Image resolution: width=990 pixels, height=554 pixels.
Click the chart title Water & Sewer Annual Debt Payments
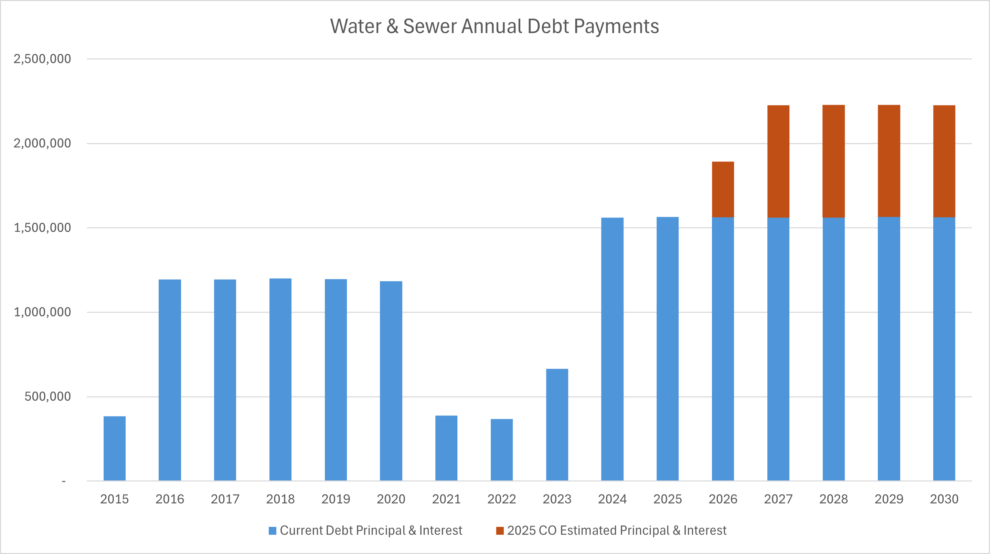[x=494, y=26]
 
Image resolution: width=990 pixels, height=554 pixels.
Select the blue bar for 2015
[x=115, y=448]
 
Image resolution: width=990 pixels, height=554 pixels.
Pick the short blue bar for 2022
[x=501, y=450]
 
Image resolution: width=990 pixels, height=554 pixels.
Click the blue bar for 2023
[x=557, y=425]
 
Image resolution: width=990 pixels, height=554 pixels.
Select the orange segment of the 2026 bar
[x=723, y=189]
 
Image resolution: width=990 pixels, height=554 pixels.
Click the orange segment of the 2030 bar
[x=944, y=161]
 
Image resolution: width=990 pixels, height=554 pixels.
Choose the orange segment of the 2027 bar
[x=778, y=161]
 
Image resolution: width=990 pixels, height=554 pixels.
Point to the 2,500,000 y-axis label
[x=42, y=59]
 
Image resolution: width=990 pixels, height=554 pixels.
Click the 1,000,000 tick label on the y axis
[x=42, y=312]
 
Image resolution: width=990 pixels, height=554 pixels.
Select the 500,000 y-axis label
[x=47, y=396]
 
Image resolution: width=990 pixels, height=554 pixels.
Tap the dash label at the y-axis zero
[x=64, y=481]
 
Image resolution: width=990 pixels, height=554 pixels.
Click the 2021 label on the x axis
[x=446, y=499]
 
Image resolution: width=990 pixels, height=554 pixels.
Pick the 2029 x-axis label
[x=889, y=499]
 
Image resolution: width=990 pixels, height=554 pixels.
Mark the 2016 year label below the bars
[x=170, y=499]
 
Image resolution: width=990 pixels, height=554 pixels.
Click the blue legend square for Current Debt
[x=273, y=531]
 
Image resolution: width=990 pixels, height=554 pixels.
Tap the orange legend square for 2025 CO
[x=500, y=531]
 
